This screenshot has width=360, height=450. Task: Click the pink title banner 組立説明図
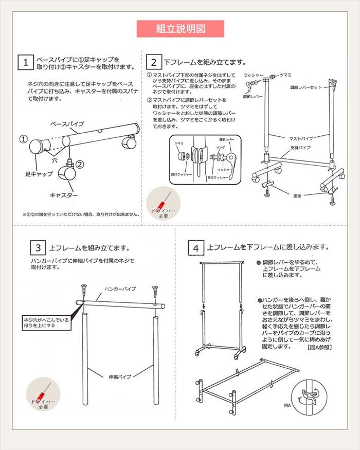180,29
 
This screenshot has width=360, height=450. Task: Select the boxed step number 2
154,62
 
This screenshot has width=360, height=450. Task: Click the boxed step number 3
38,247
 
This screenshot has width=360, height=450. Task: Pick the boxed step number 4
196,247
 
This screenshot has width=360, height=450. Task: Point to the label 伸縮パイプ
119,376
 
